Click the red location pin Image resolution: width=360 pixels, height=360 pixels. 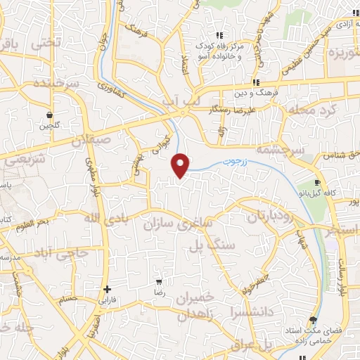[x=181, y=165]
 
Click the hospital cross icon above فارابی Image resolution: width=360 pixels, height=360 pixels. [x=107, y=289]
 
